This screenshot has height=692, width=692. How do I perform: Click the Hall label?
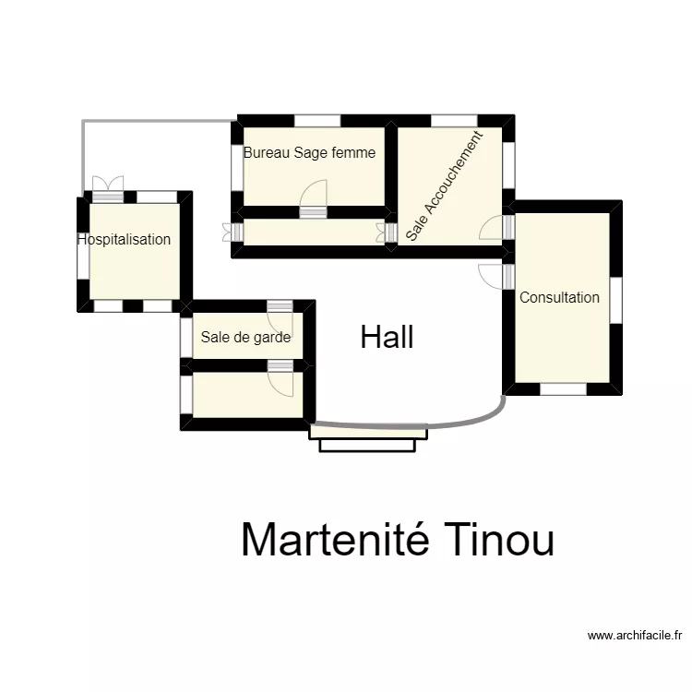tap(387, 338)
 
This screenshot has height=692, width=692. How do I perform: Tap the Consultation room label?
tap(559, 297)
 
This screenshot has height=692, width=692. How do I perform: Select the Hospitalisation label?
tap(125, 240)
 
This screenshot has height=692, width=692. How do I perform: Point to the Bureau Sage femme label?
tap(309, 153)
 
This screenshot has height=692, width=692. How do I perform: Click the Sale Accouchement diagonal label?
tap(444, 187)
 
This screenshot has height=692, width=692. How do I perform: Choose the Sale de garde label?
tap(245, 338)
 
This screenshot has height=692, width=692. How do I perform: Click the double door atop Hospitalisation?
tap(107, 187)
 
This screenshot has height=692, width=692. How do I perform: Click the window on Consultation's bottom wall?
tap(563, 389)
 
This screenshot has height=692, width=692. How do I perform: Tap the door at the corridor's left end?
tap(231, 232)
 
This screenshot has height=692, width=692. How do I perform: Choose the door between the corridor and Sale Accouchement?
tap(387, 232)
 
